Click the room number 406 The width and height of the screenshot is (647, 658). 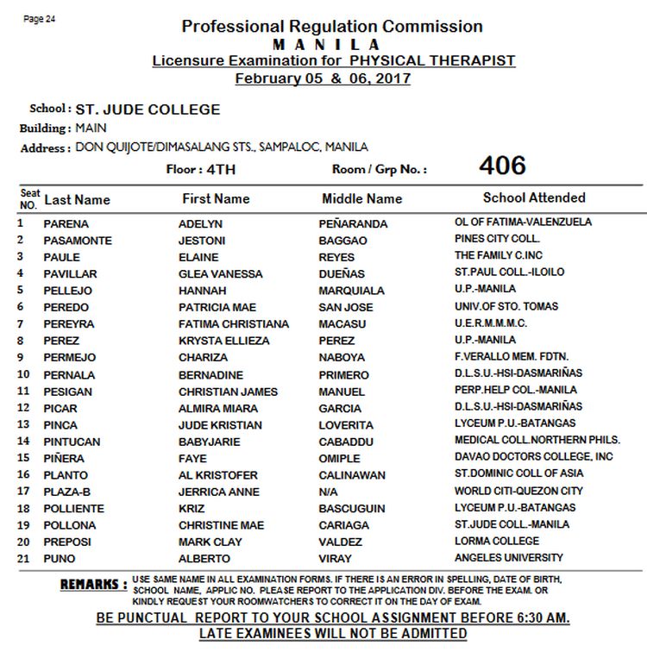502,166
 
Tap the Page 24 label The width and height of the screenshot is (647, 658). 40,19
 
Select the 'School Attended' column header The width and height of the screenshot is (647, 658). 534,197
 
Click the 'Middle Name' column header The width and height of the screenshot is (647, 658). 361,198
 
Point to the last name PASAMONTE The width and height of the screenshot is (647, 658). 78,241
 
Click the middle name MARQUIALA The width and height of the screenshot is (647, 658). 351,291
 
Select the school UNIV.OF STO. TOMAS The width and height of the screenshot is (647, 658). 506,306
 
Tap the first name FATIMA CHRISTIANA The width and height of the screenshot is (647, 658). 234,324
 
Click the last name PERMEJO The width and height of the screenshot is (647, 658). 70,357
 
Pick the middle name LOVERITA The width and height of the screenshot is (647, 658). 346,425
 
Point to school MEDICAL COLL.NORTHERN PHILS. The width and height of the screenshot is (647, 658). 526,440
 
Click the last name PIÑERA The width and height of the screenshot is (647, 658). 64,459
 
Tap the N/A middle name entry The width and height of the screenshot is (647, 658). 329,492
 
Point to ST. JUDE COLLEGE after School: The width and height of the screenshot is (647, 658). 148,110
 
